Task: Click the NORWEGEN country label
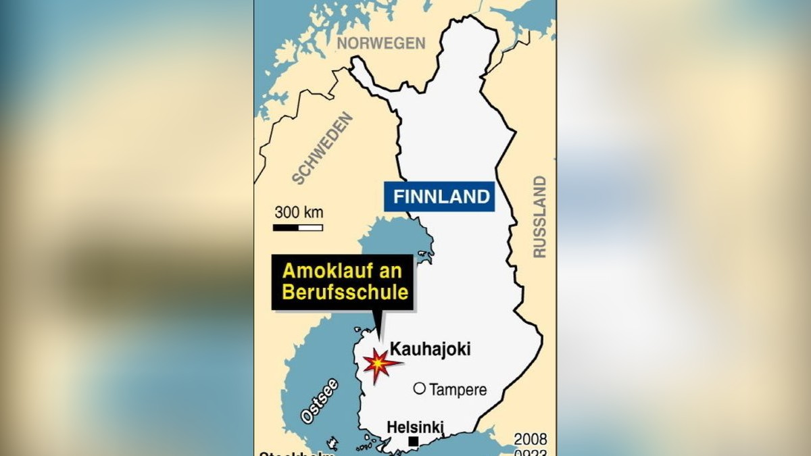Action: (x=381, y=43)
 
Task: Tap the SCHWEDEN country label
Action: (x=323, y=149)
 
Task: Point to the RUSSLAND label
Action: (x=539, y=216)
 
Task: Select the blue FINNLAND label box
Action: (x=442, y=197)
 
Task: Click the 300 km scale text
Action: (x=298, y=212)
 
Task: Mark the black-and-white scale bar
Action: (x=298, y=228)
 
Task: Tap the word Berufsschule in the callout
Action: (x=345, y=293)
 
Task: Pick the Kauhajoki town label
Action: (x=431, y=349)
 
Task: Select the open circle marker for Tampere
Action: (x=419, y=388)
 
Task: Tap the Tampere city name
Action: (x=458, y=390)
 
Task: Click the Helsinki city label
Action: (x=415, y=427)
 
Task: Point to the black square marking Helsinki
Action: (x=414, y=442)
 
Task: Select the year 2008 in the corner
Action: (x=530, y=439)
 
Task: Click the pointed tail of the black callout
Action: (x=378, y=328)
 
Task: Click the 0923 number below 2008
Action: (x=530, y=453)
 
